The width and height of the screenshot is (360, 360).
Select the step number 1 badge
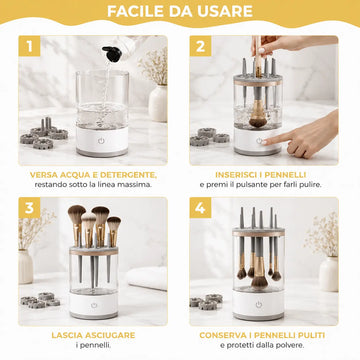tap(29, 46)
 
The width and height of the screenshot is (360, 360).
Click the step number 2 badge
tap(200, 46)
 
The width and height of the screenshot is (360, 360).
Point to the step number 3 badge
tap(29, 208)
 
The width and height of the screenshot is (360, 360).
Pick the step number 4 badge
tap(200, 208)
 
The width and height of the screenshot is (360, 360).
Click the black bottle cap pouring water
tap(112, 54)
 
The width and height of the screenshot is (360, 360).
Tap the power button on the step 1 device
tap(101, 141)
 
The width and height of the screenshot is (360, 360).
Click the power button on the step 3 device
tap(94, 305)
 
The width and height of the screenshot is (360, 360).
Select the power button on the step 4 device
tap(259, 305)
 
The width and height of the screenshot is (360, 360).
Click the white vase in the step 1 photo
tap(158, 103)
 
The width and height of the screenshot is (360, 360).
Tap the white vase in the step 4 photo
tap(329, 274)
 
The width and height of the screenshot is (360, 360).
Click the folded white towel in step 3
tap(147, 278)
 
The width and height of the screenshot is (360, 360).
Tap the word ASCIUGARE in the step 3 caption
tap(112, 335)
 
